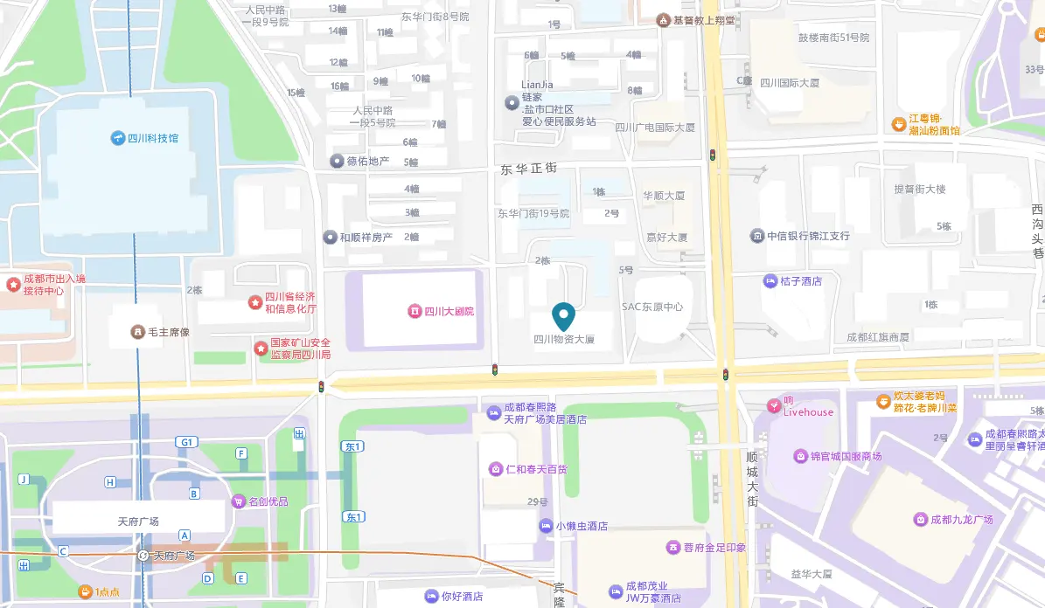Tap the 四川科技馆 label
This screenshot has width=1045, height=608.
pos(153,138)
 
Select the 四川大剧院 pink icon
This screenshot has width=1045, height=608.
pos(415,311)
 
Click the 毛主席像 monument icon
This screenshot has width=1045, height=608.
pos(137,332)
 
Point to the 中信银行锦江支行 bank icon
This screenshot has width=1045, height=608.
pos(757,236)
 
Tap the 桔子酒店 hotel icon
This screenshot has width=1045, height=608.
pos(770,281)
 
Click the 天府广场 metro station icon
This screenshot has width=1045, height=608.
pos(144,556)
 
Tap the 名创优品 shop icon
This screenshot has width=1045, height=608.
pos(239,501)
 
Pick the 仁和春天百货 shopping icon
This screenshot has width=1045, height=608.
pos(496,469)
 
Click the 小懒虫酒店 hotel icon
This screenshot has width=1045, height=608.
pos(547,526)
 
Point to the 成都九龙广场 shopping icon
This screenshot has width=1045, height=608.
pos(920,520)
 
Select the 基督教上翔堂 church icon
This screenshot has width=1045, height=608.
pos(665,19)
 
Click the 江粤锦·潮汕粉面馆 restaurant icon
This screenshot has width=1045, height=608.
pos(898,124)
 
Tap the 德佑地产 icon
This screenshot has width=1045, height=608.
pos(337,161)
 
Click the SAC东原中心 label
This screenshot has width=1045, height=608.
pos(651,307)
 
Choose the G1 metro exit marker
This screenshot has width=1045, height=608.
pos(185,442)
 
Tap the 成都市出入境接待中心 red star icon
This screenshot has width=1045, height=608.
pos(13,284)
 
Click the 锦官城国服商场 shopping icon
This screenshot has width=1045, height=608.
pos(800,456)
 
